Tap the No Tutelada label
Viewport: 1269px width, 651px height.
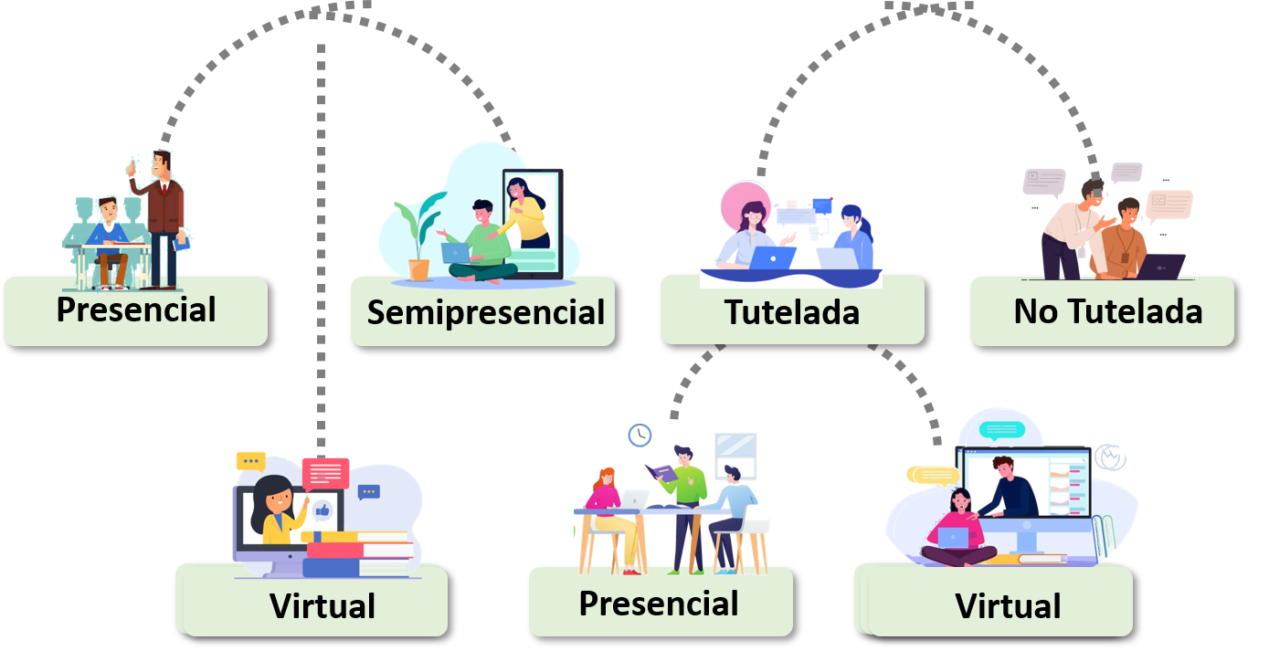pyautogui.click(x=1106, y=312)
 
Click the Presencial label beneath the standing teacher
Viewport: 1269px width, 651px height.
pyautogui.click(x=135, y=310)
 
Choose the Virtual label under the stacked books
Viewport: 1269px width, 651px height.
pyautogui.click(x=322, y=605)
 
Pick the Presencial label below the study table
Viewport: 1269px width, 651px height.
pyautogui.click(x=659, y=604)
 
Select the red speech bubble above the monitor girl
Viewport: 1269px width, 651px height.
pyautogui.click(x=325, y=474)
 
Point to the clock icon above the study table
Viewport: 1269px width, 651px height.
pyautogui.click(x=640, y=436)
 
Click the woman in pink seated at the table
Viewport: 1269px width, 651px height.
pyautogui.click(x=605, y=507)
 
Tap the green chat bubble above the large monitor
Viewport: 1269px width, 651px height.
pyautogui.click(x=1001, y=429)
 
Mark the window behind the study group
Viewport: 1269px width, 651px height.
pyautogui.click(x=735, y=454)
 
